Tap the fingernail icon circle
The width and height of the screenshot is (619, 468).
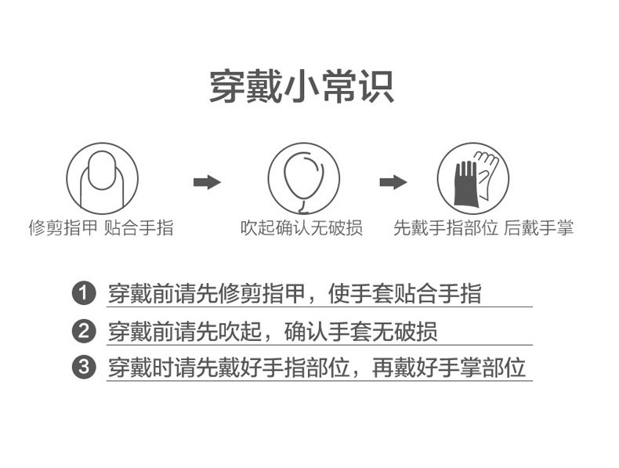pyautogui.click(x=102, y=178)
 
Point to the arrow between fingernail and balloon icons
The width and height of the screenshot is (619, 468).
pyautogui.click(x=207, y=183)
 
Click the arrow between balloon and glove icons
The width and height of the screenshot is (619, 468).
pyautogui.click(x=393, y=183)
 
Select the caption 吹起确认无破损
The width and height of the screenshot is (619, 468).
pyautogui.click(x=301, y=228)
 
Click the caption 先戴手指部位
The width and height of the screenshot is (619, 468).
pyautogui.click(x=446, y=228)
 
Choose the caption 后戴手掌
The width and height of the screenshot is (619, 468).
pyautogui.click(x=538, y=228)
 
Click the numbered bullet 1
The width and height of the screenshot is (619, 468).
pyautogui.click(x=83, y=295)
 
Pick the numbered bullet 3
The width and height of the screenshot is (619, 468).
pyautogui.click(x=83, y=368)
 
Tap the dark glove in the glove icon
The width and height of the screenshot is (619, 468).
pyautogui.click(x=465, y=183)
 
